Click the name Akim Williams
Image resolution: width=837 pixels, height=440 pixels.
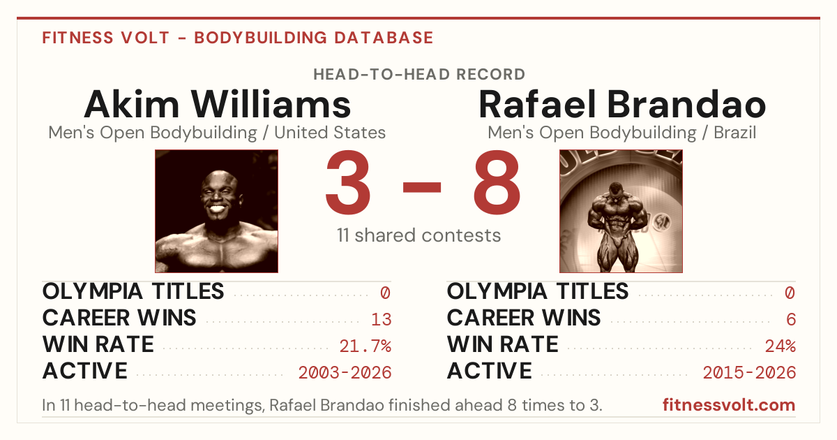(x=218, y=104)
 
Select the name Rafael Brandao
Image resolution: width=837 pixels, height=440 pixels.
(x=622, y=104)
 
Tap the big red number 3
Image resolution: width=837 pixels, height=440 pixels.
(x=348, y=182)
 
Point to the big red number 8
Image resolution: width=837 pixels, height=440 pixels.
(x=497, y=182)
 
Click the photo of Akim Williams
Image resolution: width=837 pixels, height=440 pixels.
(x=217, y=211)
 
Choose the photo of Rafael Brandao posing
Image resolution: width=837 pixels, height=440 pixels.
(x=621, y=211)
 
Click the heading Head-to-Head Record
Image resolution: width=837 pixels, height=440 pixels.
(x=419, y=75)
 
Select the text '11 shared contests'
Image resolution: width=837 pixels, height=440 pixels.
(x=419, y=235)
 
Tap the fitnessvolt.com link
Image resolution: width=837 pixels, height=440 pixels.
(x=729, y=405)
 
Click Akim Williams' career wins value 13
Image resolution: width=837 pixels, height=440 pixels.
(x=381, y=319)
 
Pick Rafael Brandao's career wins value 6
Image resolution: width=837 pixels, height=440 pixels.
(x=791, y=319)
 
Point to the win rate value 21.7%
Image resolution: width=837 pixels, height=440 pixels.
(x=365, y=346)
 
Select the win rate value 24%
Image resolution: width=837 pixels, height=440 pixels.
(x=781, y=346)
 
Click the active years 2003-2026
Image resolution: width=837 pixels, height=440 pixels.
(x=345, y=372)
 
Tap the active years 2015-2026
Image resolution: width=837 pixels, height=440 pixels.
(x=749, y=372)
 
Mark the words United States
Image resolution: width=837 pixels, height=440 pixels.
(x=330, y=133)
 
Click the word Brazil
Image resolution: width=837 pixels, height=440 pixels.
(x=735, y=133)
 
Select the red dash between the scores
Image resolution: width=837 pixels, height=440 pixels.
(x=422, y=187)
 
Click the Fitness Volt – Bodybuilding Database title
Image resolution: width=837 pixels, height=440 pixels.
(x=238, y=38)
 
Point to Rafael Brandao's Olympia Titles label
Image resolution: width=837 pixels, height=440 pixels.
(x=538, y=291)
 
